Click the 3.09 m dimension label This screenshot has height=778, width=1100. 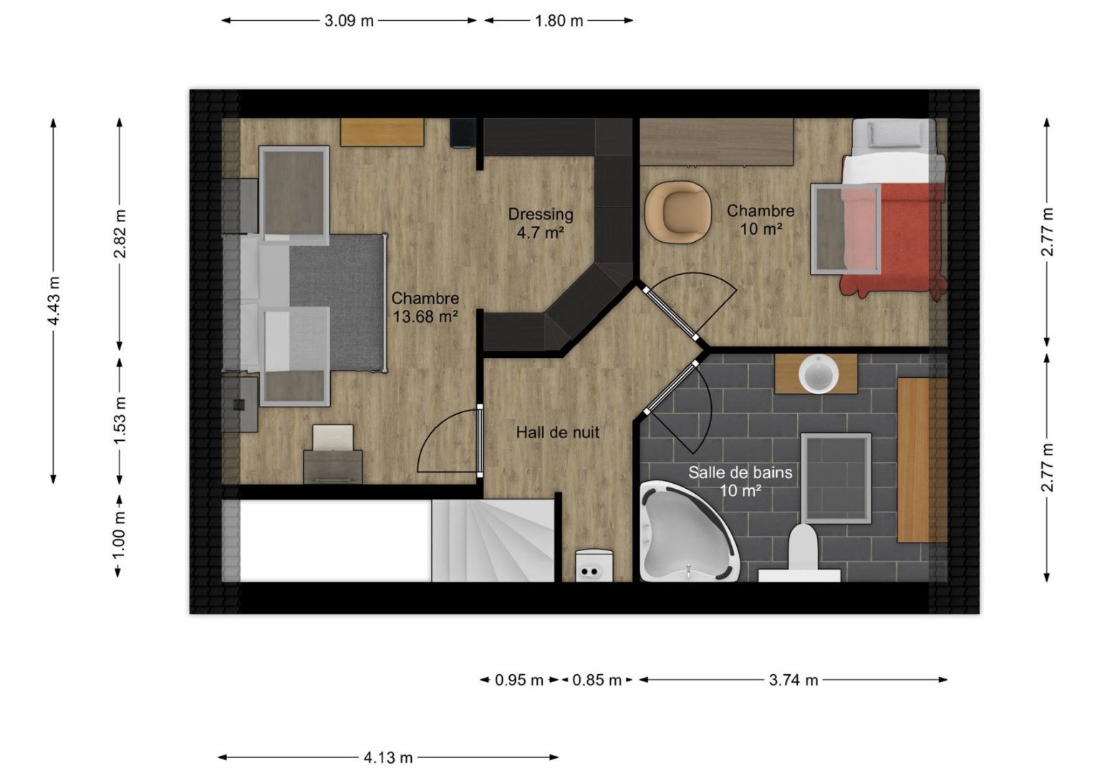click(x=349, y=21)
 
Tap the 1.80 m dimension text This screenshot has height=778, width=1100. click(x=559, y=21)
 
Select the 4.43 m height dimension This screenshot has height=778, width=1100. click(x=54, y=301)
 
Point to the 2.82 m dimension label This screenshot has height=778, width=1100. click(x=120, y=233)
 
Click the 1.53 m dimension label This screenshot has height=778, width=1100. click(x=120, y=420)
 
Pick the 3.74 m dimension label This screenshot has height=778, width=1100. click(x=793, y=681)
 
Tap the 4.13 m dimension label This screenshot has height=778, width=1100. click(x=388, y=758)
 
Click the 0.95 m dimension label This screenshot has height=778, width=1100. click(x=519, y=681)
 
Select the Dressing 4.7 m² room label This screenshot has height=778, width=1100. click(x=541, y=223)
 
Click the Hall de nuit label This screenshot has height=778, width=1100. click(x=558, y=432)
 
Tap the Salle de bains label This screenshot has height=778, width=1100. click(x=740, y=472)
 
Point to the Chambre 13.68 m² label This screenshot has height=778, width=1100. click(x=425, y=307)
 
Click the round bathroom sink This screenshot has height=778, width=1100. click(x=819, y=374)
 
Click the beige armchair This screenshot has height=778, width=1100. click(x=677, y=212)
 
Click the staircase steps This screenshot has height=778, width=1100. click(x=493, y=540)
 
